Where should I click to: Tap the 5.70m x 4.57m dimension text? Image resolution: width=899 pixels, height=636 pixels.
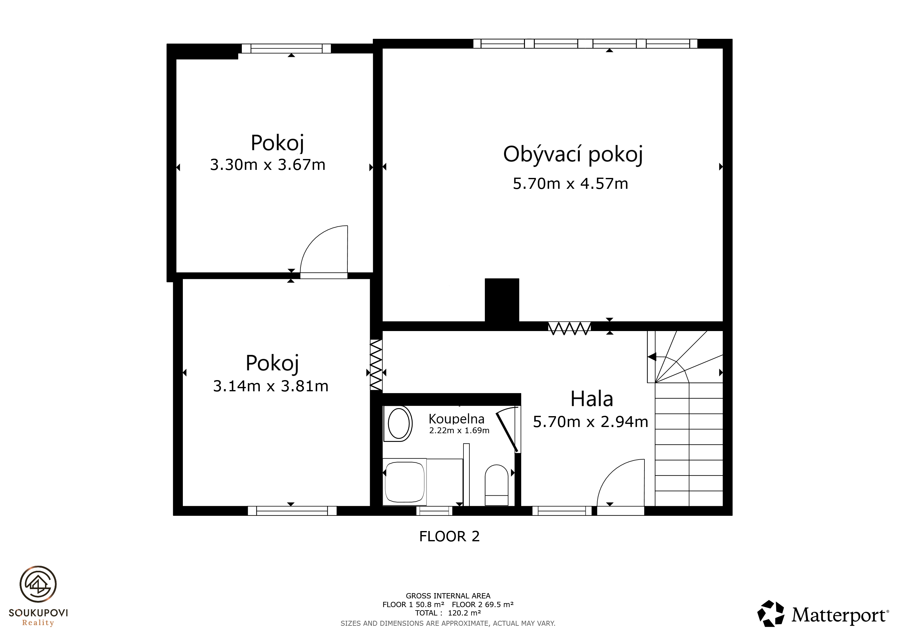[571, 184]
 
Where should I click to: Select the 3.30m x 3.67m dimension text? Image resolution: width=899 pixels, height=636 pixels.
[268, 165]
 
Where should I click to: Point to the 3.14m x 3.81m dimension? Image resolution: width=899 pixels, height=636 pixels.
[271, 386]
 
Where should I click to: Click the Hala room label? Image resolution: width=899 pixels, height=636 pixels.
[592, 399]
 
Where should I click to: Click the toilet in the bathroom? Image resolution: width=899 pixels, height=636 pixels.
[496, 485]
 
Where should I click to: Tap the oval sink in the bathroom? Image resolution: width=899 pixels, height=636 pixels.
[399, 423]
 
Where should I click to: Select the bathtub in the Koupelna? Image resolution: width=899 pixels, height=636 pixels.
[404, 482]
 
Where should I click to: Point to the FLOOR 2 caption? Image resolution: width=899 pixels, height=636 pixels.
[449, 536]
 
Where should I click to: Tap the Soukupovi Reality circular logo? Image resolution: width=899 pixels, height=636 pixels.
[38, 584]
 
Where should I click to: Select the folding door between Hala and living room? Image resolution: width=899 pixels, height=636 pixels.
[569, 328]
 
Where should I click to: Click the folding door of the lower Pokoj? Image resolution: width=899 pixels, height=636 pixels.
[376, 365]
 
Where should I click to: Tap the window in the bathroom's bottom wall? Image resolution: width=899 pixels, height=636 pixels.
[434, 511]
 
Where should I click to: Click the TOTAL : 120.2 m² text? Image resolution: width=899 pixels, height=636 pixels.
[448, 613]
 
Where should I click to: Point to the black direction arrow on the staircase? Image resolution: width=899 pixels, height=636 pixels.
[652, 357]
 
